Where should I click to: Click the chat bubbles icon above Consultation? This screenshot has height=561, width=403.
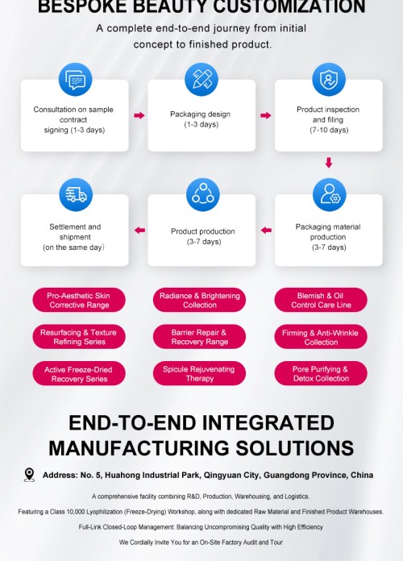(75, 80)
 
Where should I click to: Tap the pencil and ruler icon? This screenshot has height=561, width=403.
(201, 80)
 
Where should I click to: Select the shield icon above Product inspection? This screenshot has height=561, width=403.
(329, 80)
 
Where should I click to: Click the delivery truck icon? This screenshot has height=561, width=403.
(76, 194)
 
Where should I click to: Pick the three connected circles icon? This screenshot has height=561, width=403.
(202, 194)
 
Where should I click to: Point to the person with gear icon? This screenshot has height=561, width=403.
(330, 194)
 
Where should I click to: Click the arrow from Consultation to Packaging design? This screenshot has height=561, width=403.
(139, 115)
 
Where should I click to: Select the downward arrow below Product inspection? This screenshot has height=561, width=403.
(329, 163)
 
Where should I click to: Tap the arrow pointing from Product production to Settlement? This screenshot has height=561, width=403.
(139, 230)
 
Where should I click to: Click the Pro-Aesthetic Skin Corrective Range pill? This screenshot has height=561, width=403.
(79, 300)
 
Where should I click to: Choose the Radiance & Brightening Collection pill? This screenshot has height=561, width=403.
(199, 300)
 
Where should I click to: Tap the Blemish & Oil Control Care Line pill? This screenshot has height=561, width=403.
(321, 300)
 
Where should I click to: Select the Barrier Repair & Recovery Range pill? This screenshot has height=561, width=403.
(199, 337)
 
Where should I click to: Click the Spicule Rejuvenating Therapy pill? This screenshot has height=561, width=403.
(199, 373)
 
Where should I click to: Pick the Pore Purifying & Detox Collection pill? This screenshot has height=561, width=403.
(321, 373)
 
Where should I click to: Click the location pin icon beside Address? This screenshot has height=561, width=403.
(29, 475)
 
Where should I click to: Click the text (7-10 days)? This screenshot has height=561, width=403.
(329, 130)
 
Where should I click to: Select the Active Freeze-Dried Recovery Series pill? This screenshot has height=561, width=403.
(79, 373)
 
